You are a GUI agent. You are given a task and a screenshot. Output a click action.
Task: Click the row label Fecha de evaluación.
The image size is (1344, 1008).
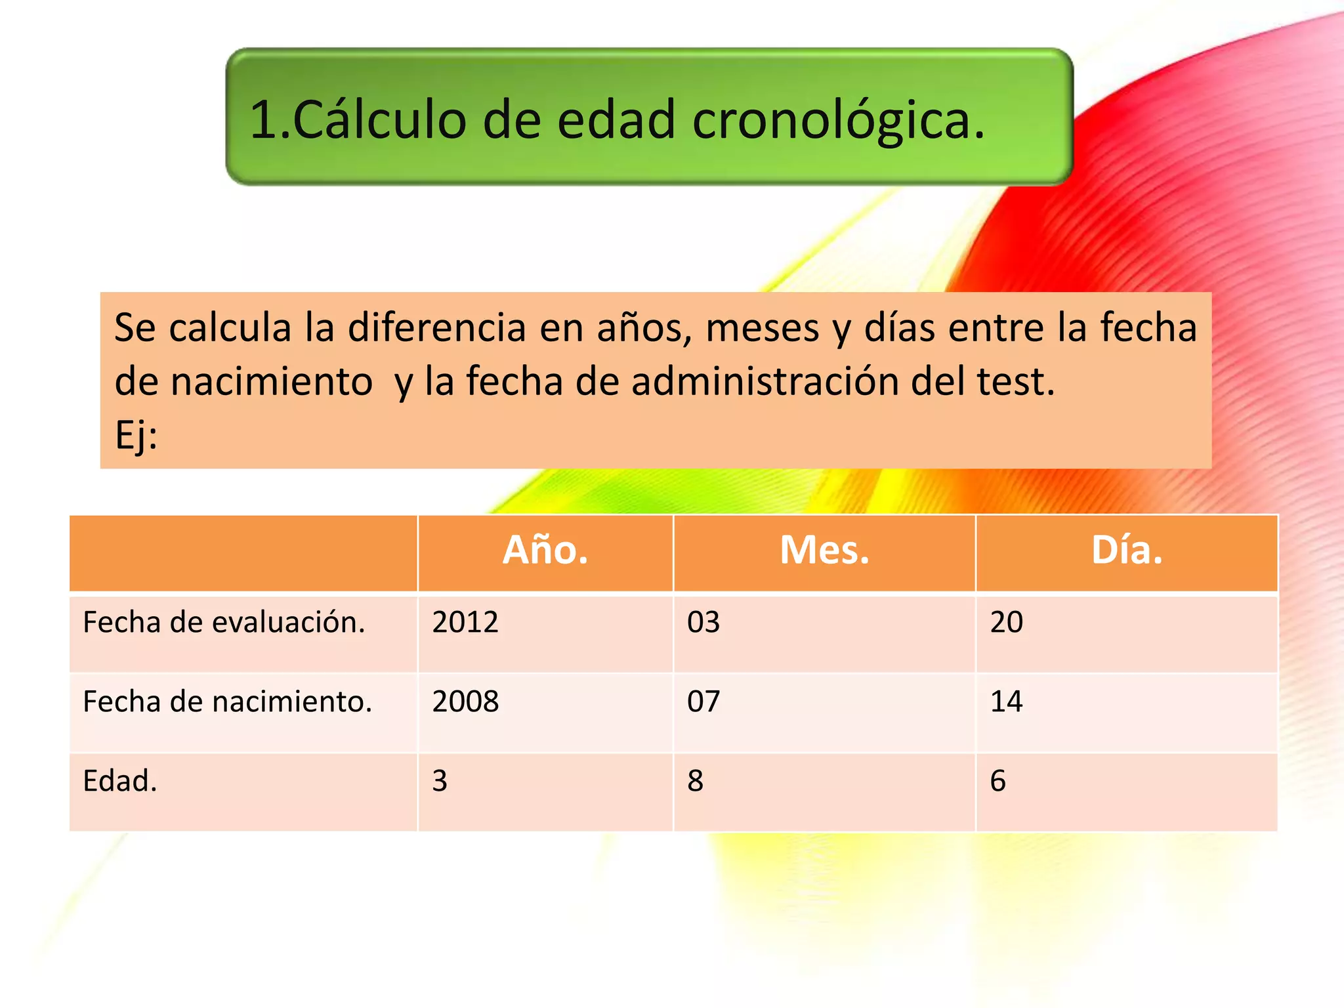[224, 622]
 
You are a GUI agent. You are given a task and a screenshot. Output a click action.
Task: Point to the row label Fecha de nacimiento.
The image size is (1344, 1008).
[227, 702]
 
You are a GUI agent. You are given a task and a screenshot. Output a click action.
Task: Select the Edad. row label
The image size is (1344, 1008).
[120, 781]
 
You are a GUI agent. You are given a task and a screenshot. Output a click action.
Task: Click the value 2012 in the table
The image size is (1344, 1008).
[465, 622]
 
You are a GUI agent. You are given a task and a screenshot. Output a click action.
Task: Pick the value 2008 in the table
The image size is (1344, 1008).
[465, 702]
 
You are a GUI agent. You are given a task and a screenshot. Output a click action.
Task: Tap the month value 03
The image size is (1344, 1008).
[703, 622]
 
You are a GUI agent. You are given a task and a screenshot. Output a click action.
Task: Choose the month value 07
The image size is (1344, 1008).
[703, 702]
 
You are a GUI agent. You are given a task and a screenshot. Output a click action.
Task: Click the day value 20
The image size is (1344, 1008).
[1007, 622]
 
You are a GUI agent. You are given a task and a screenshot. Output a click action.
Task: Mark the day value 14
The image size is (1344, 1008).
[1007, 702]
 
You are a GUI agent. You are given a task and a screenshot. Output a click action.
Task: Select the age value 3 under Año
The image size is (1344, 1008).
[440, 781]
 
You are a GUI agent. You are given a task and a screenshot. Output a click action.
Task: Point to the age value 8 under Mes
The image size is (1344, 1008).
[696, 781]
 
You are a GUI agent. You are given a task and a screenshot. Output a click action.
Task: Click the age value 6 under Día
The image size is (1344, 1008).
[998, 781]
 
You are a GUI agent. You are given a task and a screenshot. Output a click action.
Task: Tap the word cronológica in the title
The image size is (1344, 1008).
[838, 121]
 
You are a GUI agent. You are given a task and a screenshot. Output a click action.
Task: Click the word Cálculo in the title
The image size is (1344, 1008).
[379, 121]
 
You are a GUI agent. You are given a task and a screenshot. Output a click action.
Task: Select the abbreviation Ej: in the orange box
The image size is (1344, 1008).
[136, 434]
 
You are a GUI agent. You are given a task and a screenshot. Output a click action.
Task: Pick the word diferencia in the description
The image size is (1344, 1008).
[436, 327]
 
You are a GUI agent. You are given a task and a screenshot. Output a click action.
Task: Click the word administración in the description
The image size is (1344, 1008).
[765, 381]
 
